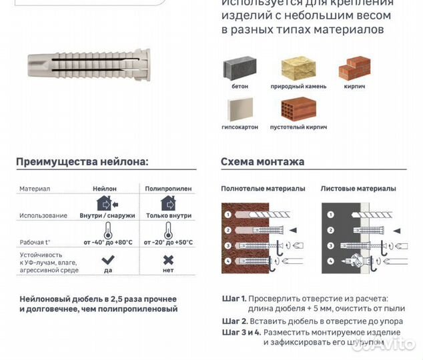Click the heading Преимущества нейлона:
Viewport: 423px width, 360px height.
tap(82, 161)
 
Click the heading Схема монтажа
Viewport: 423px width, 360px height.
tap(262, 161)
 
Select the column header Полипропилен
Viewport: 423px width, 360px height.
tap(168, 189)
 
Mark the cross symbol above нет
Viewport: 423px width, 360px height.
tap(169, 259)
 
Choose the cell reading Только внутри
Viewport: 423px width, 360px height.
tap(168, 215)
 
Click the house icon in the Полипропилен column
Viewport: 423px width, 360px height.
tap(167, 203)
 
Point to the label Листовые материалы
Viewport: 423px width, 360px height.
tap(358, 189)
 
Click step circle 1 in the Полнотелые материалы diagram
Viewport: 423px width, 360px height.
tap(228, 215)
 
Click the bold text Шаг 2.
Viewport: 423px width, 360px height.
tap(234, 321)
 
